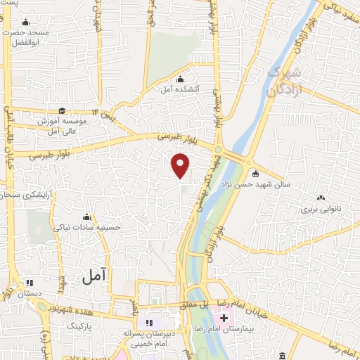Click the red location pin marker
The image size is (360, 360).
(x=181, y=165)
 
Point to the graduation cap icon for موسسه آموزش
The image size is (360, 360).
(x=63, y=110)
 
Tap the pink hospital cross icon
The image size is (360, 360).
(x=224, y=319)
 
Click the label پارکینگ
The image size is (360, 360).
(x=79, y=327)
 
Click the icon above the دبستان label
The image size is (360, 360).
(x=29, y=282)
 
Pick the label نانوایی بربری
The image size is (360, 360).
(x=321, y=210)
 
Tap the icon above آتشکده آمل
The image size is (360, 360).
(x=181, y=78)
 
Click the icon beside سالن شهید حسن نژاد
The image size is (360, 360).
(x=255, y=174)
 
